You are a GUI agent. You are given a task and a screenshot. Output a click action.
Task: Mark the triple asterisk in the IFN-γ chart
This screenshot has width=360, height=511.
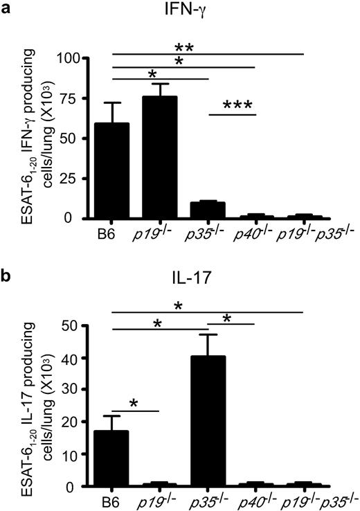[x=239, y=105]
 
